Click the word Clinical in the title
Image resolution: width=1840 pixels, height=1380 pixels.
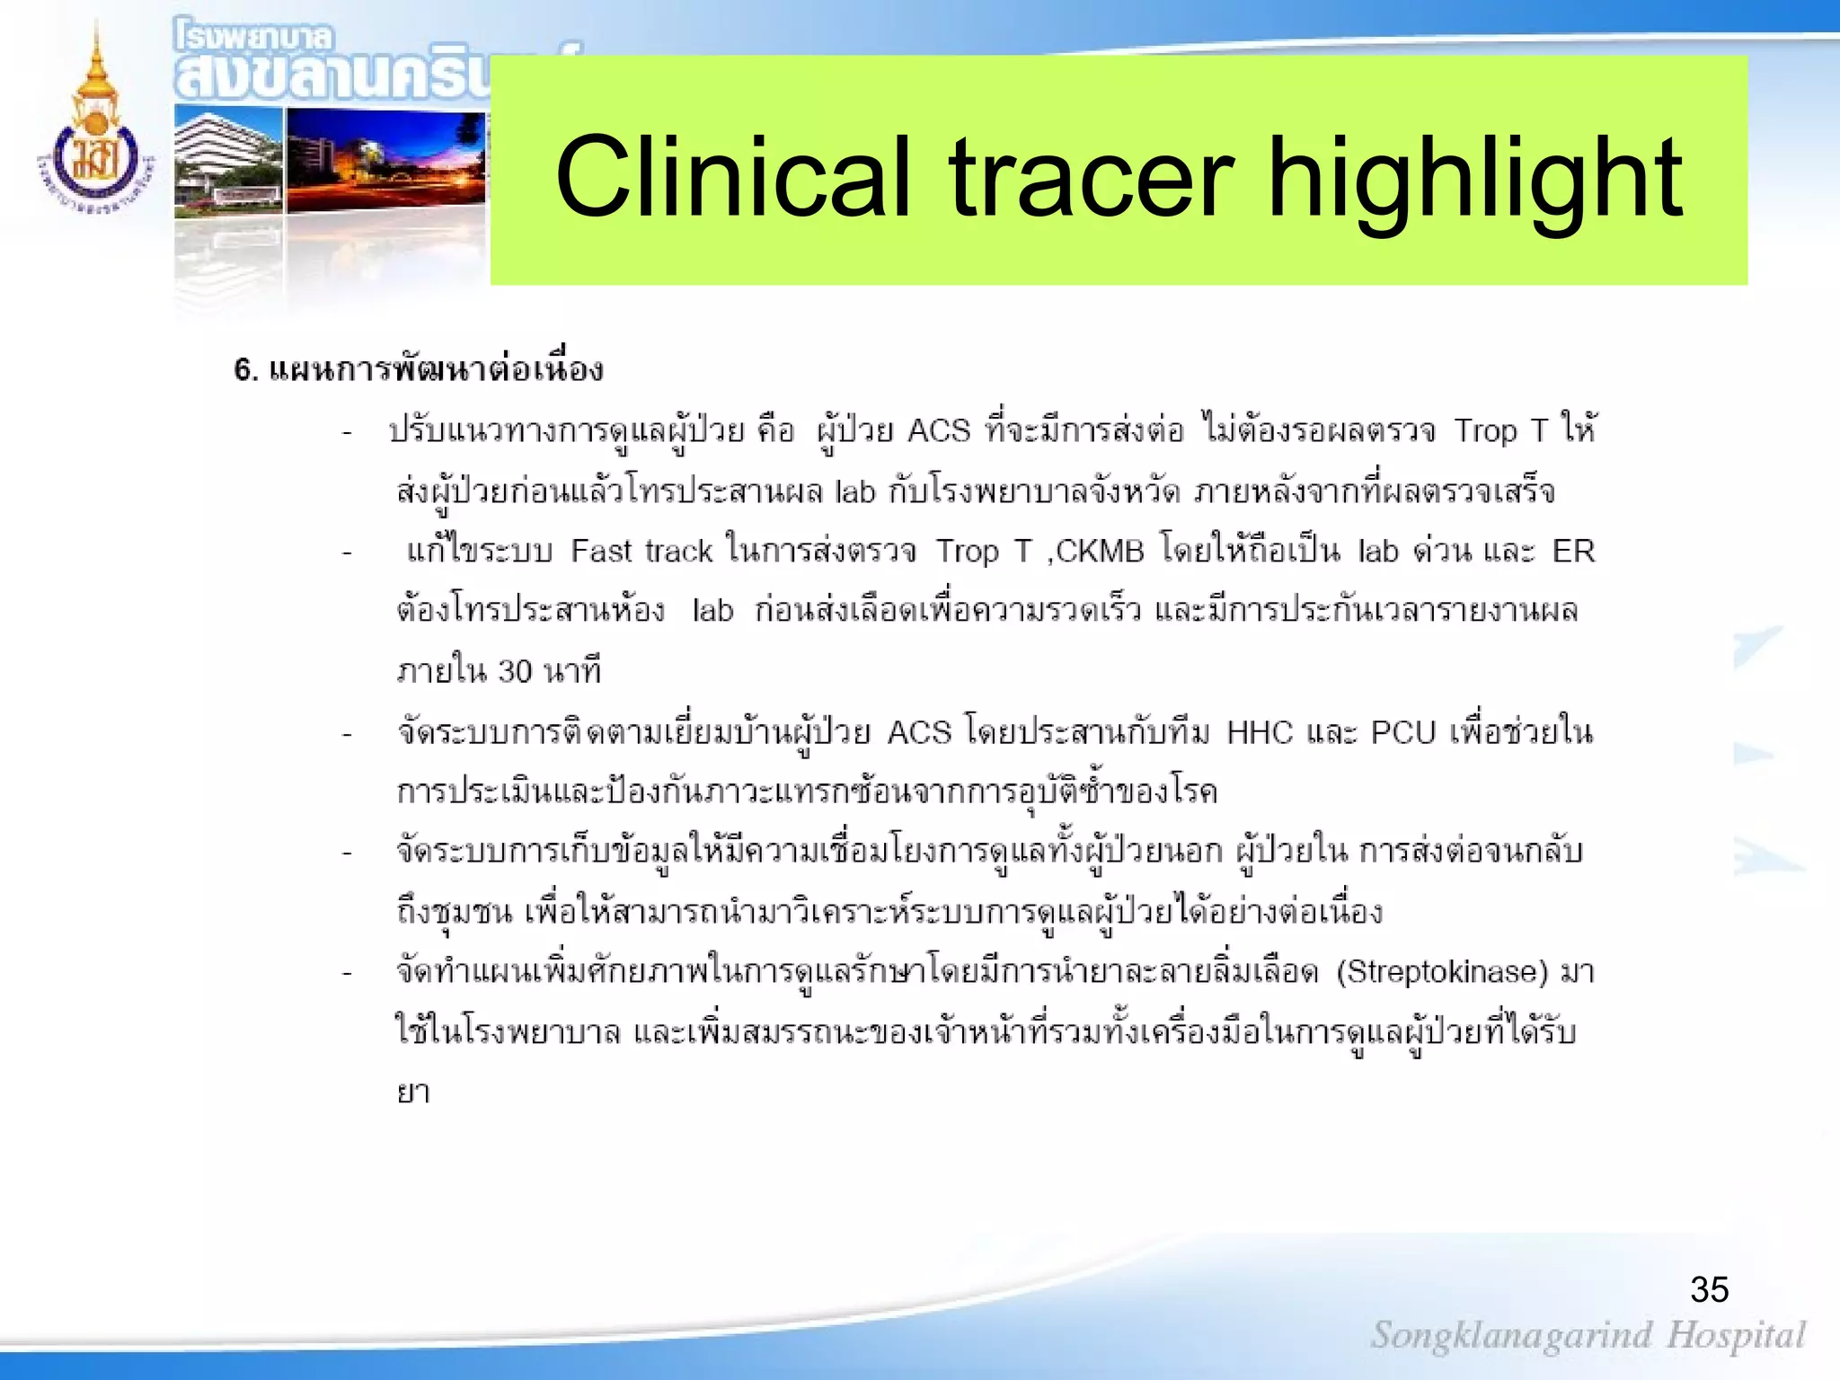[x=732, y=176]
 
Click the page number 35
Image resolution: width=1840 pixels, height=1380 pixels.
[x=1709, y=1290]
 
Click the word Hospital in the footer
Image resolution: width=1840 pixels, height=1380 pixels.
[x=1736, y=1335]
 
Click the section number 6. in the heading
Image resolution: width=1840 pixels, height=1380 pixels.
[x=246, y=370]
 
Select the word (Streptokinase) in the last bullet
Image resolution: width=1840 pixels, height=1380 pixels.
[x=1442, y=972]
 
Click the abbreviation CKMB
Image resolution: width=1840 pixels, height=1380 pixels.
[x=1100, y=551]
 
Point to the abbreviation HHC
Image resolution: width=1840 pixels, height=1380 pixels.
[x=1260, y=733]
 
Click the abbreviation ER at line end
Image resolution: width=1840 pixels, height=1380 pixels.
[x=1573, y=551]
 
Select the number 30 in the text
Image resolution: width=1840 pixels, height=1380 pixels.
[x=515, y=672]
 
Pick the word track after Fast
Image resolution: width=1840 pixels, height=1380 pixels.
[x=678, y=551]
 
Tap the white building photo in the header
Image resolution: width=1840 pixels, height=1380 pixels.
[x=228, y=160]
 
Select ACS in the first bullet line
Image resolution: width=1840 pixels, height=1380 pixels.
[x=939, y=430]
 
